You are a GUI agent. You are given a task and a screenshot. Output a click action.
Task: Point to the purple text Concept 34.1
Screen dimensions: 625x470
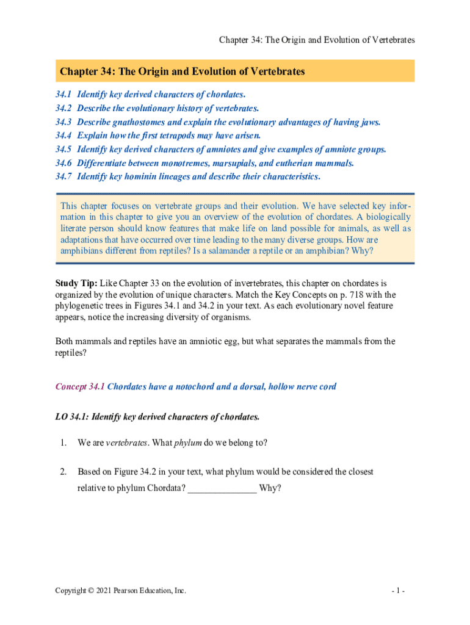(x=80, y=387)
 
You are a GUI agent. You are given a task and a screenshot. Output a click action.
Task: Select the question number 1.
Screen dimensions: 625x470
(x=62, y=443)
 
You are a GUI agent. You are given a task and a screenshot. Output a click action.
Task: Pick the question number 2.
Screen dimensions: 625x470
(x=62, y=472)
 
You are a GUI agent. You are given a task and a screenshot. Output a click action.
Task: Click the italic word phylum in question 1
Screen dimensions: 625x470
(x=188, y=443)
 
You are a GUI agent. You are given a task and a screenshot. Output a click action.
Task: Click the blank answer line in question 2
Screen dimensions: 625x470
(x=222, y=490)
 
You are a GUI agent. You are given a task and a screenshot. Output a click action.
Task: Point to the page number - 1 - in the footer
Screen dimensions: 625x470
(x=400, y=591)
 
